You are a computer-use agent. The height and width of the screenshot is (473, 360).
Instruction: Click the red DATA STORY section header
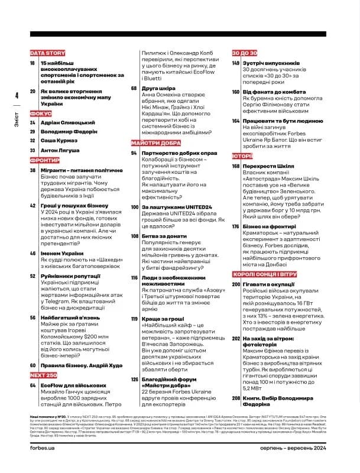(47, 53)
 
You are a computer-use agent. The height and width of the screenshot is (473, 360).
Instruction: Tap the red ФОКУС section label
(41, 113)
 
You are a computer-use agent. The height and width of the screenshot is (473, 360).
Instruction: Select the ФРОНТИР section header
(44, 160)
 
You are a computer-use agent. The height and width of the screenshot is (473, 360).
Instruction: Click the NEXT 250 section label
(43, 375)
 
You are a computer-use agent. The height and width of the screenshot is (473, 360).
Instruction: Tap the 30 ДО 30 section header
(244, 53)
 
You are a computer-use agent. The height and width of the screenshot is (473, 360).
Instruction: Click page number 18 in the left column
(33, 63)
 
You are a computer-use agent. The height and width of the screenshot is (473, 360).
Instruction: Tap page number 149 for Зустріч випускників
(236, 63)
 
